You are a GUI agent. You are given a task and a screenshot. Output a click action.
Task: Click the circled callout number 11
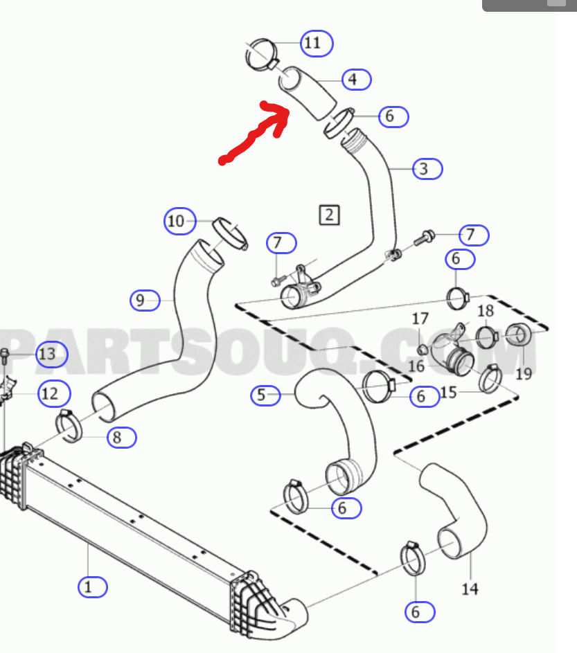click(x=317, y=44)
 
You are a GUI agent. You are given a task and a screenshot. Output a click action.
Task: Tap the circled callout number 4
click(x=357, y=80)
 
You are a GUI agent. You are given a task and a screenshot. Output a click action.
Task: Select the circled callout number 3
click(x=427, y=169)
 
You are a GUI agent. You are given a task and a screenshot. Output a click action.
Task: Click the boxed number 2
click(x=329, y=215)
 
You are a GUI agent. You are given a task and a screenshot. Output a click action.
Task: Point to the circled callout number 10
click(x=180, y=221)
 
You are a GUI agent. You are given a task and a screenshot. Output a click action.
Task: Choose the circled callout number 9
click(x=145, y=301)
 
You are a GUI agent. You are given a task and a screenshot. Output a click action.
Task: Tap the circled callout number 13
click(x=52, y=354)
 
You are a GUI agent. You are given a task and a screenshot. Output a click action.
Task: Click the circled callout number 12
click(x=54, y=393)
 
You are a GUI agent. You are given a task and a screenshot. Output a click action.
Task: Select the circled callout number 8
click(x=122, y=438)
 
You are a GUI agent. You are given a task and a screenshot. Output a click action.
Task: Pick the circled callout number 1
click(x=93, y=587)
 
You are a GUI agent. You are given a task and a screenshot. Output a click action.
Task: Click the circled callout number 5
click(x=265, y=395)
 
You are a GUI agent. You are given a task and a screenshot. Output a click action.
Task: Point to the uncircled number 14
click(x=470, y=589)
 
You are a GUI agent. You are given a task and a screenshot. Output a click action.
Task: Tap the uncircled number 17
click(x=420, y=319)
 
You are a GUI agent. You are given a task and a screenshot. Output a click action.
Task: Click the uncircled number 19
click(x=524, y=373)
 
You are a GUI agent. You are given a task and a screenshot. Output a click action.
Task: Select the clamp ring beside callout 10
click(x=231, y=233)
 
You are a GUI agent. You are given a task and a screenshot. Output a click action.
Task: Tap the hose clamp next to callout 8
click(x=69, y=426)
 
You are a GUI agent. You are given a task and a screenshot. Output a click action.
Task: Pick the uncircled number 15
click(x=448, y=393)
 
